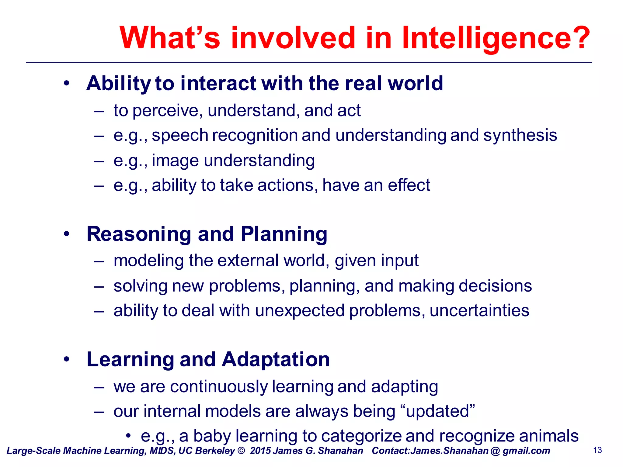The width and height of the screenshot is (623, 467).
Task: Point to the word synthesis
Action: (520, 135)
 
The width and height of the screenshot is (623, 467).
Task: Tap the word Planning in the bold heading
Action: (284, 234)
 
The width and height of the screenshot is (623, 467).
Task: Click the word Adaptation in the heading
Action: (276, 359)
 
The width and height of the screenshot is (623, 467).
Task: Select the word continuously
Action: (219, 387)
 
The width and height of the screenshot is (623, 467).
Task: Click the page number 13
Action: (597, 450)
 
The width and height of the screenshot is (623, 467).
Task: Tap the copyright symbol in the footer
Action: (241, 451)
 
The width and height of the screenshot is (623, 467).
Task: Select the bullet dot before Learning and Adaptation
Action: (67, 359)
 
